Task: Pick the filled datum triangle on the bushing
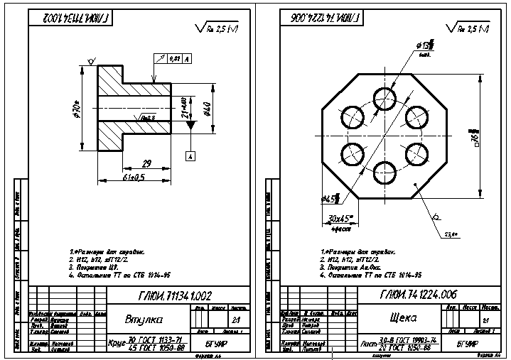pos(190,125)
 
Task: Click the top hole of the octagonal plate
pos(384,97)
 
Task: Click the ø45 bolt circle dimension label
pos(329,198)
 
